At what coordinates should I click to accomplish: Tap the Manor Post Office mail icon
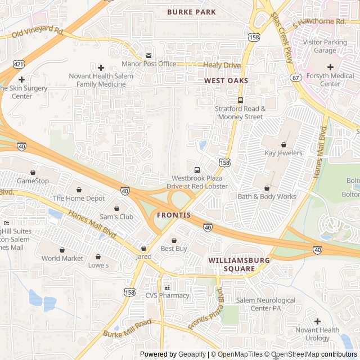pos(148,55)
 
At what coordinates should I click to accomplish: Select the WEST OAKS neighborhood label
pos(226,81)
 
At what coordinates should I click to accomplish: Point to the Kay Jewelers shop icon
pos(283,145)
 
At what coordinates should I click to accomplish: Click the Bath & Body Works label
pos(267,197)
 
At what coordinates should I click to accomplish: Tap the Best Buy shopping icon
pos(174,240)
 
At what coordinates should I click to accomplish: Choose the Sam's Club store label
pos(116,217)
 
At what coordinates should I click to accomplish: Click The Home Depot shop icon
pos(79,190)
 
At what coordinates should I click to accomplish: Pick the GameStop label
pos(33,181)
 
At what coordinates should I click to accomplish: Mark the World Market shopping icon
pos(62,250)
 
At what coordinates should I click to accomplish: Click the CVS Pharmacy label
pos(168,295)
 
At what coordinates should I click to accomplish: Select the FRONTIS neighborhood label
pos(174,215)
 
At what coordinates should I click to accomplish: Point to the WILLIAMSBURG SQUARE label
pos(239,264)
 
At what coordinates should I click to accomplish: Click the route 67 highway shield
pos(295,77)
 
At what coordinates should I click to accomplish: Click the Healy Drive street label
pos(222,65)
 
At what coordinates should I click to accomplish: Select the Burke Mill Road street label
pos(127,329)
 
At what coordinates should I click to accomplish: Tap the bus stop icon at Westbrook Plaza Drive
pos(197,170)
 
